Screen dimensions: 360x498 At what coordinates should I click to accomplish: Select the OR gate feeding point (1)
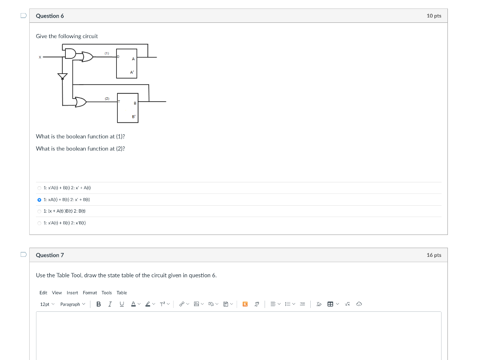(x=88, y=57)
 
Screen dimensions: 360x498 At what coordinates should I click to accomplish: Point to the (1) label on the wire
(x=107, y=53)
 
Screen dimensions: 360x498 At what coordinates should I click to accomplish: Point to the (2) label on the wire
(x=107, y=98)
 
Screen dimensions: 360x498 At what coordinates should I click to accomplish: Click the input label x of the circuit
(x=40, y=57)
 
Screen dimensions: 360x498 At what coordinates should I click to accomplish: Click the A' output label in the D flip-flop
(x=131, y=72)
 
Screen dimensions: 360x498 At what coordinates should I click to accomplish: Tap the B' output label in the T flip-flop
(x=134, y=117)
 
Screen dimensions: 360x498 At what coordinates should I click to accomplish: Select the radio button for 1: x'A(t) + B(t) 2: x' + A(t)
(x=39, y=188)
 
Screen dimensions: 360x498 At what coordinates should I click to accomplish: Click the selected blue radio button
(x=39, y=199)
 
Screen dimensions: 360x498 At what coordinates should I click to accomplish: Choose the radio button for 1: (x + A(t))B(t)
(x=39, y=211)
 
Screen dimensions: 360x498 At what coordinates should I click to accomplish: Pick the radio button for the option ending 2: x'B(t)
(x=39, y=223)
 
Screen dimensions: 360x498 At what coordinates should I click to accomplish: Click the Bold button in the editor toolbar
(x=99, y=304)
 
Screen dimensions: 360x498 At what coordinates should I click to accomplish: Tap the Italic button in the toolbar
(x=110, y=304)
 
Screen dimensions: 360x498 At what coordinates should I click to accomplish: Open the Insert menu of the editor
(x=72, y=292)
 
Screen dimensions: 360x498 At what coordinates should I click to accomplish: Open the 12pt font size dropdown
(x=47, y=304)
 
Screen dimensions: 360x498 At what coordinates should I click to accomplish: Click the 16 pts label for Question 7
(x=434, y=255)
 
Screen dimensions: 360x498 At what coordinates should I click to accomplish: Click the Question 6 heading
(x=50, y=16)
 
